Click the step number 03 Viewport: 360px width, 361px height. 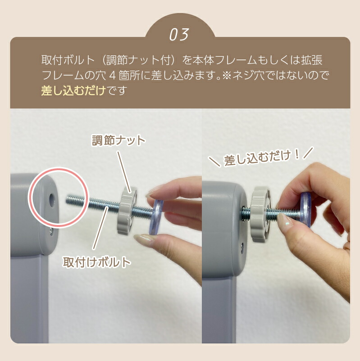179,35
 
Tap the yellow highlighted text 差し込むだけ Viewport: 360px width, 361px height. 73,90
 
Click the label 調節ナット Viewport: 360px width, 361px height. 118,140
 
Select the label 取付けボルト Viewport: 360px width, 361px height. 97,262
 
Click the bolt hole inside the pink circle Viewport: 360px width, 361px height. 52,199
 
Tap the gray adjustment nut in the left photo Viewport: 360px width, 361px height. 127,211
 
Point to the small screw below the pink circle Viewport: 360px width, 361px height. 50,231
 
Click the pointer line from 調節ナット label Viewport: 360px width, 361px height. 124,172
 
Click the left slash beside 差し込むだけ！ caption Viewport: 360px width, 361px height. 214,162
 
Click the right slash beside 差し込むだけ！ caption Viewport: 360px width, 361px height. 308,153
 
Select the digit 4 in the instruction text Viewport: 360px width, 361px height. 112,76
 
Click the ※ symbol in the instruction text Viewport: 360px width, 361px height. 227,76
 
